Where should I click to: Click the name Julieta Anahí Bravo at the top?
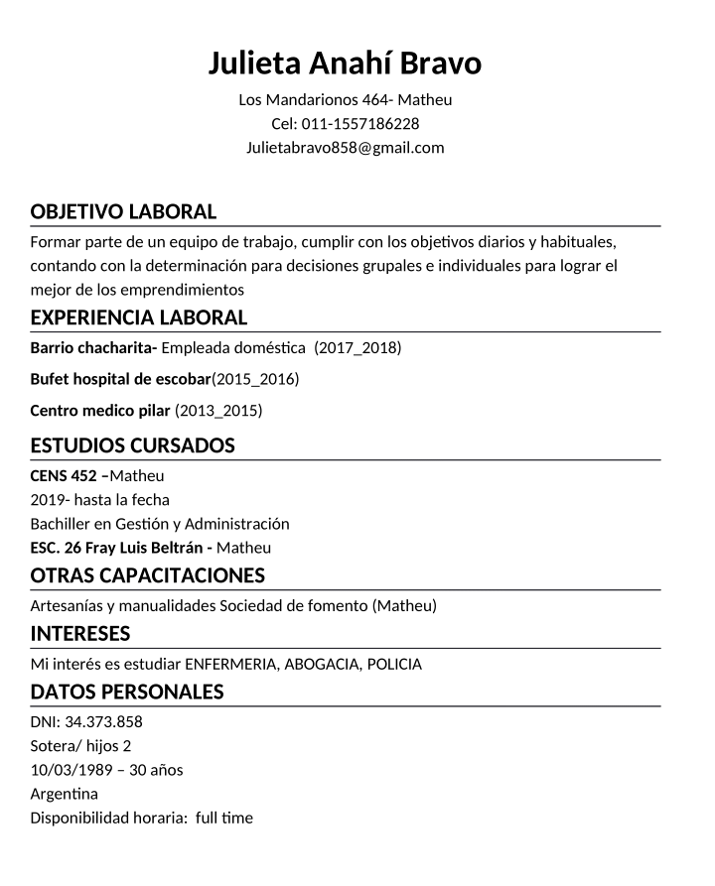pos(345,63)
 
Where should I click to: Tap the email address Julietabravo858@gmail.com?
pos(345,148)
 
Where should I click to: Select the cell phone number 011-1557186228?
pos(359,124)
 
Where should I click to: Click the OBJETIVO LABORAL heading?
pos(123,211)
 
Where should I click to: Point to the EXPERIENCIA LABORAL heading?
pos(138,317)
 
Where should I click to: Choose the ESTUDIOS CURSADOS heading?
pos(132,445)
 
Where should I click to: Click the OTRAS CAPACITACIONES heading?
pos(147,575)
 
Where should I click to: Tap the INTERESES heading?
pos(80,633)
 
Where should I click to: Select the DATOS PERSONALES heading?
pos(127,692)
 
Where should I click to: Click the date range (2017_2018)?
pos(357,347)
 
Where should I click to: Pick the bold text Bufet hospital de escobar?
pos(120,379)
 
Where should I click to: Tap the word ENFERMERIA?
pos(232,664)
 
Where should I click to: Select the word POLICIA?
pos(394,664)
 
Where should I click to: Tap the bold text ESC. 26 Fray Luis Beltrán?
pos(119,548)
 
